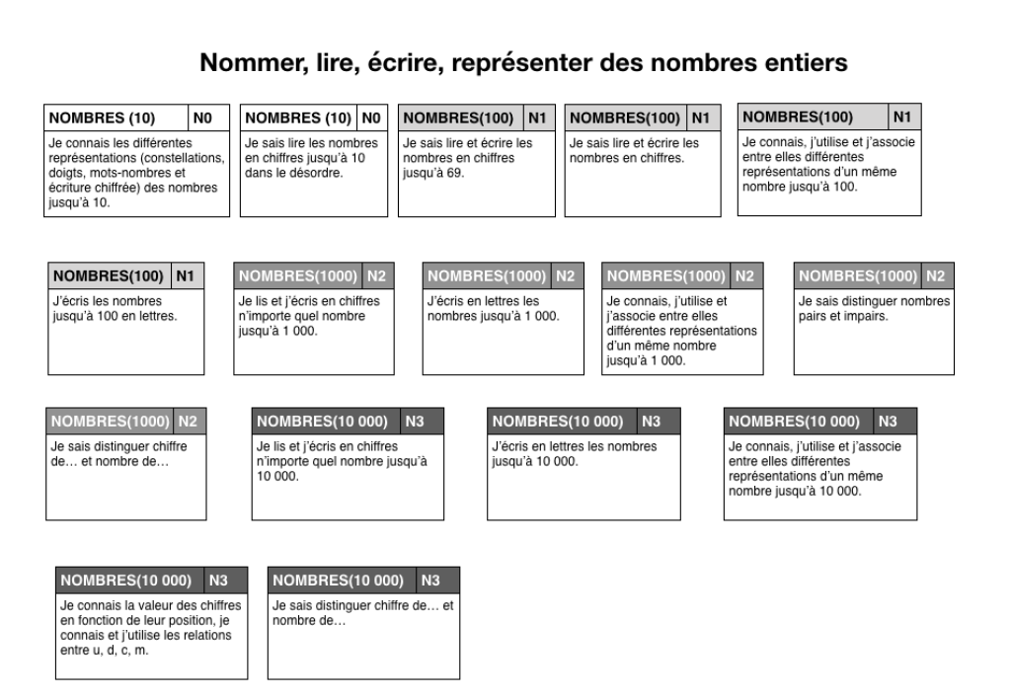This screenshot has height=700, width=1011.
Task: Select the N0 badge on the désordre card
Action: coord(371,118)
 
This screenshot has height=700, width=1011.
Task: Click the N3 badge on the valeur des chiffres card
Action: coord(225,580)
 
